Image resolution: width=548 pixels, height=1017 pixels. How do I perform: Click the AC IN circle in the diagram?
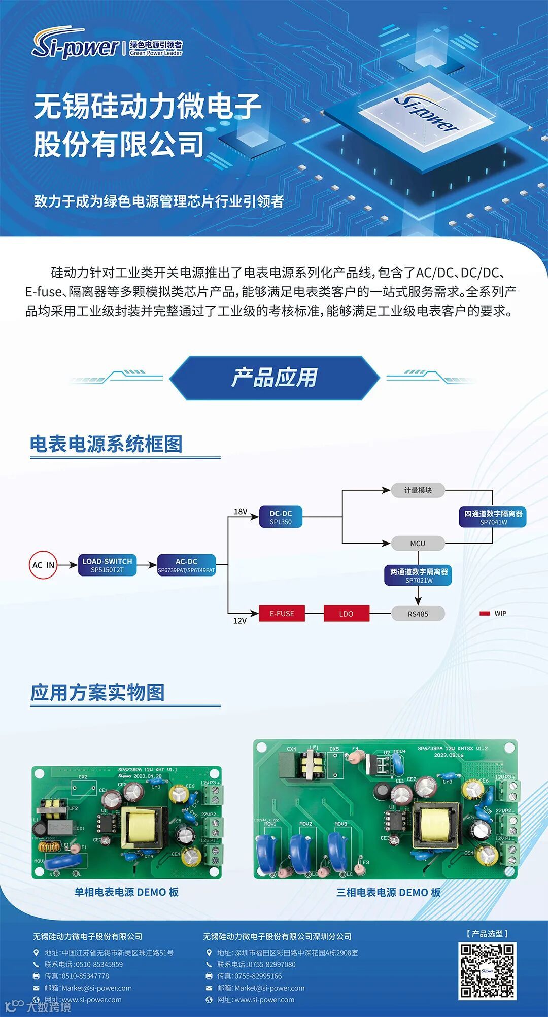pos(43,565)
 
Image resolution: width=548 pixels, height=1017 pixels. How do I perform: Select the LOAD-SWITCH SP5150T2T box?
pos(107,565)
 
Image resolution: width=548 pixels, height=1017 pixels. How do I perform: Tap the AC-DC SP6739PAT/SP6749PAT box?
pos(186,565)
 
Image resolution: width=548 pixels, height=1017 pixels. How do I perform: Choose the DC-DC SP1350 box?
pos(281,517)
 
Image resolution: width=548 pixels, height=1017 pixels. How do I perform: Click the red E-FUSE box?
pos(282,613)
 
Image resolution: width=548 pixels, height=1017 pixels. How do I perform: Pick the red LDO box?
pos(346,614)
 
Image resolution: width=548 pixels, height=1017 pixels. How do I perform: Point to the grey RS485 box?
pos(418,614)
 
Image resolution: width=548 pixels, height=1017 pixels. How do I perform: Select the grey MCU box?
pos(418,544)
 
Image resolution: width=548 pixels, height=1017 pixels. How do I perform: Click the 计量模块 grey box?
pos(418,490)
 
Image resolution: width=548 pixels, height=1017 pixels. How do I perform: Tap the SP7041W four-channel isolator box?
pos(493,517)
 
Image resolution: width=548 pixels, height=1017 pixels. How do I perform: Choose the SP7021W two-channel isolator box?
pos(419,575)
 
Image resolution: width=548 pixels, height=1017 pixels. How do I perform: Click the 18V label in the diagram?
pos(241,511)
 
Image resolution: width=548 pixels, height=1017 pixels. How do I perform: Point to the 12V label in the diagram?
pos(240,620)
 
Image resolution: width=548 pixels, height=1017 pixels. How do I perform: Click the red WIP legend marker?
pos(485,614)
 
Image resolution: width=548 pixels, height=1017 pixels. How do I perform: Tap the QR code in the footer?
pos(487,971)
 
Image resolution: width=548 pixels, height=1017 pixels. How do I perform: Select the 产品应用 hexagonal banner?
pos(274,378)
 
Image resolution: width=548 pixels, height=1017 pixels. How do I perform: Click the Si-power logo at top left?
pos(76,46)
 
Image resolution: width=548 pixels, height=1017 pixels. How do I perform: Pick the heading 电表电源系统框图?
pos(106,444)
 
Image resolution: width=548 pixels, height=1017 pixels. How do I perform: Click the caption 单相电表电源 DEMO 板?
pos(126,892)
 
